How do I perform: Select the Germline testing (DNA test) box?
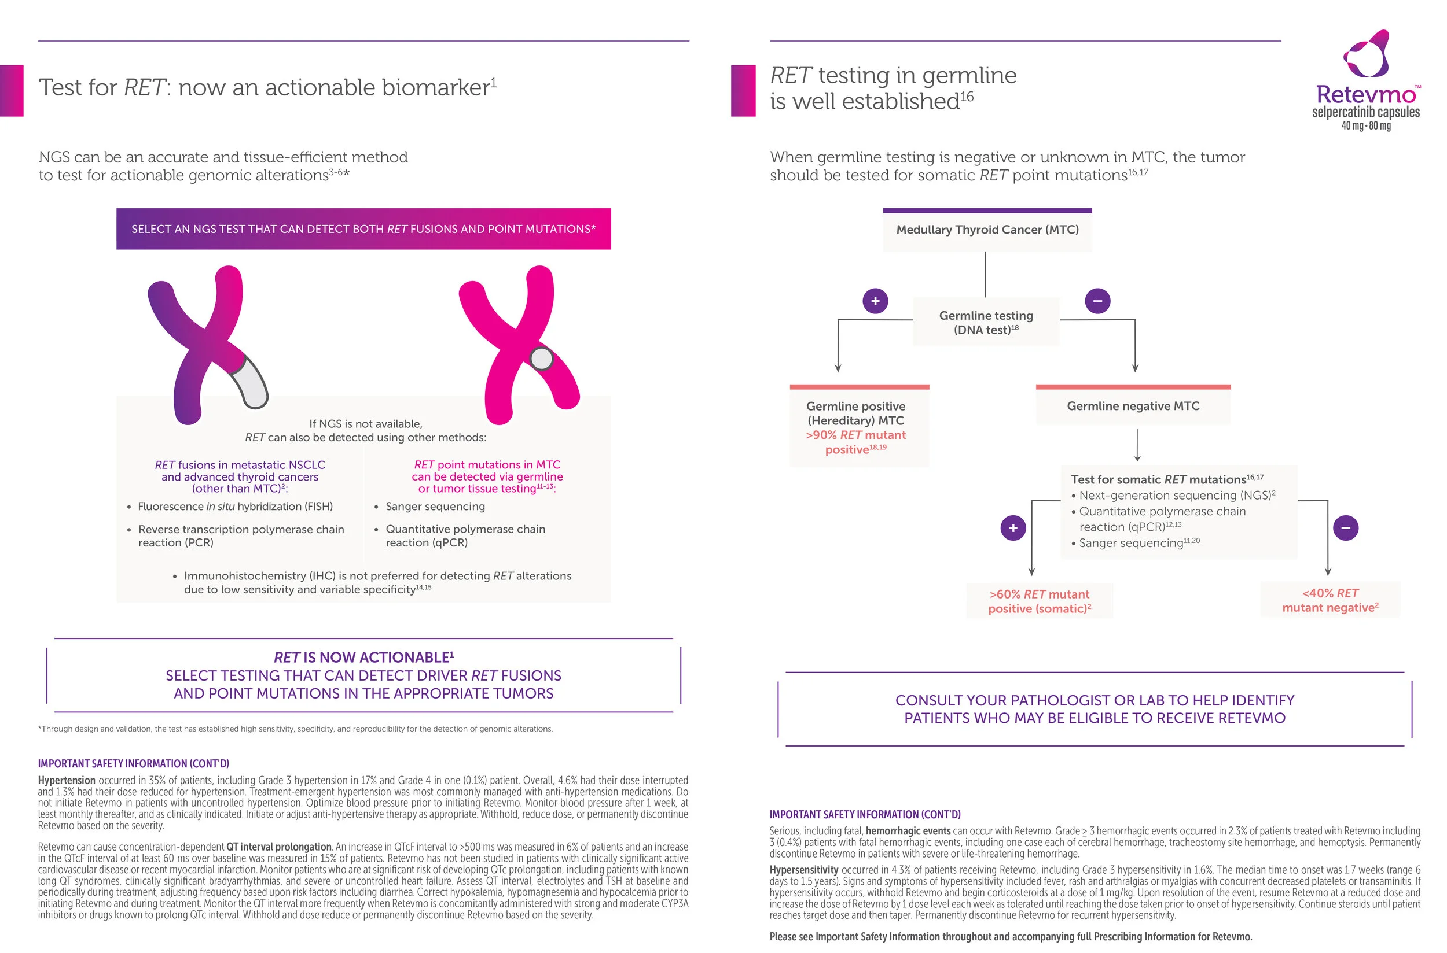tap(985, 322)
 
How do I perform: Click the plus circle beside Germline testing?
tap(875, 301)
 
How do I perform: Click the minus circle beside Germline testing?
tap(1097, 301)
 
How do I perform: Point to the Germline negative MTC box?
tap(1133, 406)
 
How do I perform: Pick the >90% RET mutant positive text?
tap(855, 442)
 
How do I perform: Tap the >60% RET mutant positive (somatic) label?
tap(1039, 601)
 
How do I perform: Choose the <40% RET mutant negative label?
tap(1330, 600)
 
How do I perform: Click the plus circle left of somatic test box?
tap(1013, 527)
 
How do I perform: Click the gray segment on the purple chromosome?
tap(250, 382)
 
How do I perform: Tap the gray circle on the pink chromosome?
tap(540, 358)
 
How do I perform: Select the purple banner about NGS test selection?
tap(363, 229)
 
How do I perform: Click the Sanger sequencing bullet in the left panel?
tap(435, 507)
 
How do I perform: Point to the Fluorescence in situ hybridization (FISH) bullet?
tap(235, 507)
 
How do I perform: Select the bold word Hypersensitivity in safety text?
tap(803, 870)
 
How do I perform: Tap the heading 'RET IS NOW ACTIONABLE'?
tap(363, 657)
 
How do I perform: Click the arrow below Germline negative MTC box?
tap(1137, 445)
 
